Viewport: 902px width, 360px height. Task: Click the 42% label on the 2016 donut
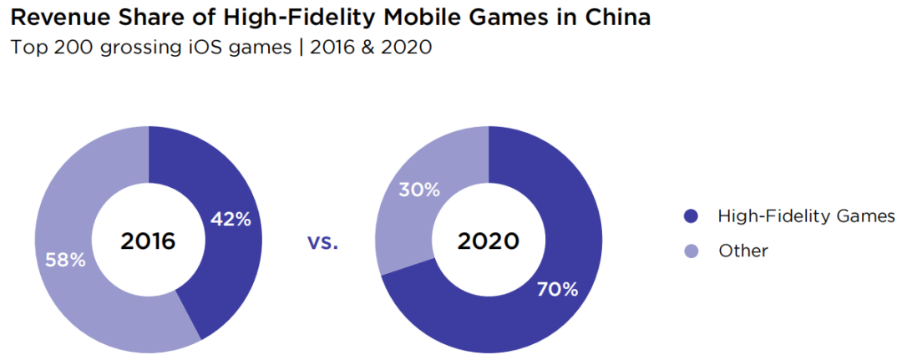click(x=231, y=220)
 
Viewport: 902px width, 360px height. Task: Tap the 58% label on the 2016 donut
click(x=65, y=260)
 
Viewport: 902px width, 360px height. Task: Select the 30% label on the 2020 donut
click(x=419, y=190)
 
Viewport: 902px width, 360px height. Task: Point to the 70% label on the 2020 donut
click(x=558, y=289)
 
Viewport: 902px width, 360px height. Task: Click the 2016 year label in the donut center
click(x=148, y=241)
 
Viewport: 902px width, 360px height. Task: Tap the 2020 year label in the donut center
click(x=489, y=241)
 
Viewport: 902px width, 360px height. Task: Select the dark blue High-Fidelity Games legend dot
click(x=690, y=217)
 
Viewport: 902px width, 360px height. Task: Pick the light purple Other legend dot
click(x=690, y=251)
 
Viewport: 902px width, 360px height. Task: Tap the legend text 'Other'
click(x=742, y=251)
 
